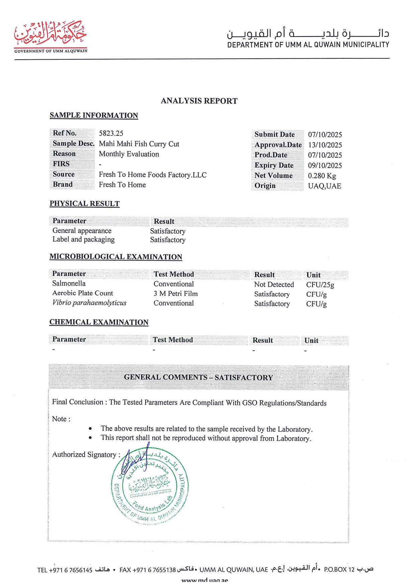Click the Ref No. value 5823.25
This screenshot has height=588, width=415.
pyautogui.click(x=111, y=133)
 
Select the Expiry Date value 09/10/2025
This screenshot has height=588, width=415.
pyautogui.click(x=325, y=165)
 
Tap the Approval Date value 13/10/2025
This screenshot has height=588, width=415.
pyautogui.click(x=325, y=145)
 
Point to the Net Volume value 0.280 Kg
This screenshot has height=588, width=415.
pyautogui.click(x=322, y=176)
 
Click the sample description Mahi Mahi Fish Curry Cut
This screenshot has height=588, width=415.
pyautogui.click(x=139, y=144)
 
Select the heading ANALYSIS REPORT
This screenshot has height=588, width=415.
pyautogui.click(x=199, y=101)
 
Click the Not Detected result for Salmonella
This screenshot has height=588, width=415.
pyautogui.click(x=274, y=284)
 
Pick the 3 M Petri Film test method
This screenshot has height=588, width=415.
pyautogui.click(x=175, y=294)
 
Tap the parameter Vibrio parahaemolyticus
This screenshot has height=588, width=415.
pyautogui.click(x=89, y=303)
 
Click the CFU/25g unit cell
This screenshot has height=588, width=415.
pyautogui.click(x=320, y=285)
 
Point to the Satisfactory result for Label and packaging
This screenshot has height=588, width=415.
pyautogui.click(x=168, y=240)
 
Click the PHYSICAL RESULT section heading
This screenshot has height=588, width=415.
pyautogui.click(x=84, y=203)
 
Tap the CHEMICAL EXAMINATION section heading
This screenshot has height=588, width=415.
pyautogui.click(x=99, y=322)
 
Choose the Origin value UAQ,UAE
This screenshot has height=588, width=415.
pyautogui.click(x=324, y=186)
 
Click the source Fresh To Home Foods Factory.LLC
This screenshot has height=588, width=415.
pyautogui.click(x=153, y=175)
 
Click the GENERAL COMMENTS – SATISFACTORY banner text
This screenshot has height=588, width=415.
pyautogui.click(x=198, y=377)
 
